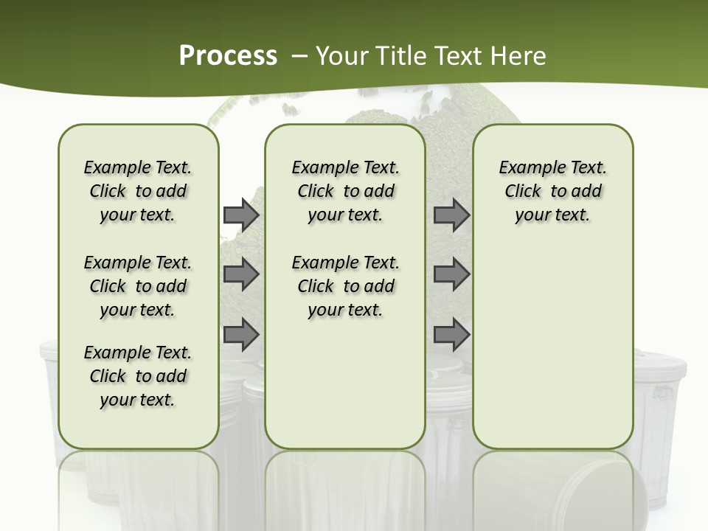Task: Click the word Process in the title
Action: tap(228, 55)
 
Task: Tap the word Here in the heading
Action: tap(519, 56)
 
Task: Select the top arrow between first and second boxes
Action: tap(240, 215)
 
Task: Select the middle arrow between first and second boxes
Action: tap(240, 274)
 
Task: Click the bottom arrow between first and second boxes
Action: tap(240, 335)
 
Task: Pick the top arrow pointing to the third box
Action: tap(451, 215)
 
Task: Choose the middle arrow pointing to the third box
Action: tap(451, 274)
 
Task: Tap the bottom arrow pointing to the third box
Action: tap(451, 335)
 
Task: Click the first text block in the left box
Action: tap(138, 191)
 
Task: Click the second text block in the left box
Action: tap(138, 286)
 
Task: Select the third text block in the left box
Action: tap(138, 376)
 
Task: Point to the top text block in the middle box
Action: tap(345, 191)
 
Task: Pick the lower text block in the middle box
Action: tap(345, 286)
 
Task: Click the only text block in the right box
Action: tap(552, 191)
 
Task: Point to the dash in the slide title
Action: tap(299, 56)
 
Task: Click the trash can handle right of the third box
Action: tap(662, 393)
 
